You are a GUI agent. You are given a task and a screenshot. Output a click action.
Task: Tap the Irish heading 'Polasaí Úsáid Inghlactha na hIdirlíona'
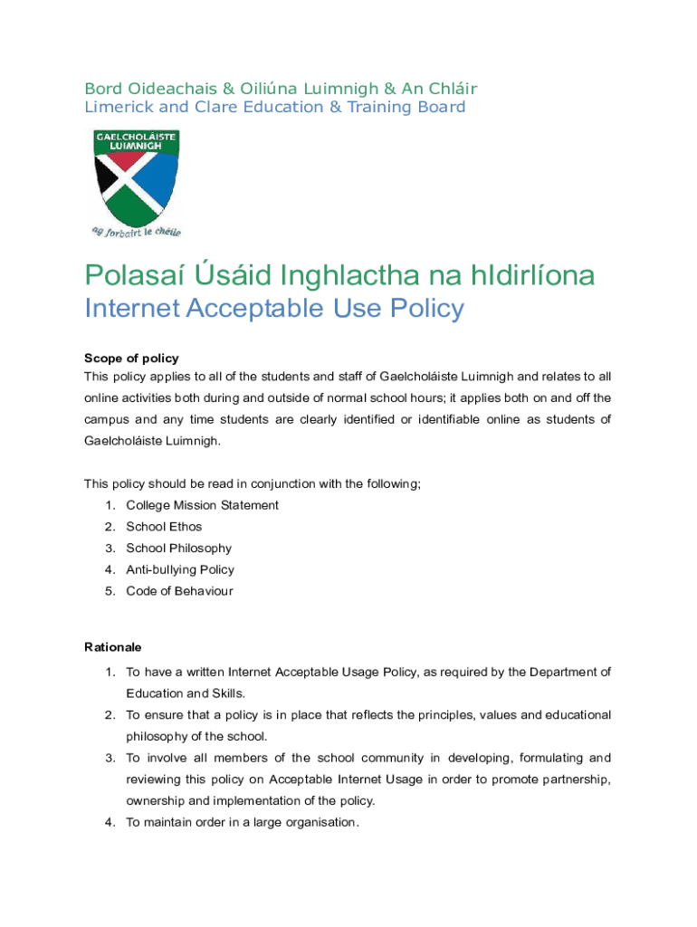[x=339, y=274]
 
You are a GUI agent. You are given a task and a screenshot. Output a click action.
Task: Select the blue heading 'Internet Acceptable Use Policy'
[x=273, y=309]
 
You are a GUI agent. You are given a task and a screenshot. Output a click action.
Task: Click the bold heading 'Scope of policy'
[x=131, y=358]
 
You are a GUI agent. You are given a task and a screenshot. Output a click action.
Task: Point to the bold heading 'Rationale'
[x=113, y=647]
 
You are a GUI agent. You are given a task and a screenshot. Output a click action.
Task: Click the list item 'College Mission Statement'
[x=202, y=505]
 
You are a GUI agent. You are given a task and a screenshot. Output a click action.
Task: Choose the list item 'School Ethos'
[x=164, y=527]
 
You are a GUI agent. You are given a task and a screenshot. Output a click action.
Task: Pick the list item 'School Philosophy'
[x=178, y=548]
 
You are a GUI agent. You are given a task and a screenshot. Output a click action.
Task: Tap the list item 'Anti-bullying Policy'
[x=180, y=569]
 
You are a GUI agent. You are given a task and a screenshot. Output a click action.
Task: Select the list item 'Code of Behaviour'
[x=179, y=591]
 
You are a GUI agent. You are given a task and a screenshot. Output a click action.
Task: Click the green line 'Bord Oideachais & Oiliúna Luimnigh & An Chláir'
[x=281, y=88]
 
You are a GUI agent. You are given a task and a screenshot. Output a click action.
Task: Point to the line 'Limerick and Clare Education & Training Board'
[x=275, y=107]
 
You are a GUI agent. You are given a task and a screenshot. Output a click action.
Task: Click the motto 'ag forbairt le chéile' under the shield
[x=136, y=231]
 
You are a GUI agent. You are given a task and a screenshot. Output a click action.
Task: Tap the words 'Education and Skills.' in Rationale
[x=186, y=693]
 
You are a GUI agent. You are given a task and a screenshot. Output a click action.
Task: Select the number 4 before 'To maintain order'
[x=109, y=823]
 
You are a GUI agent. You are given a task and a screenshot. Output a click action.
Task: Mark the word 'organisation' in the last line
[x=320, y=823]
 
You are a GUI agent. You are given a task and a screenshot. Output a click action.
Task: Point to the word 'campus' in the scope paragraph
[x=106, y=419]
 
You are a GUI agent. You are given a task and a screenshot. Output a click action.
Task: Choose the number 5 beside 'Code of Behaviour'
[x=109, y=591]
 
